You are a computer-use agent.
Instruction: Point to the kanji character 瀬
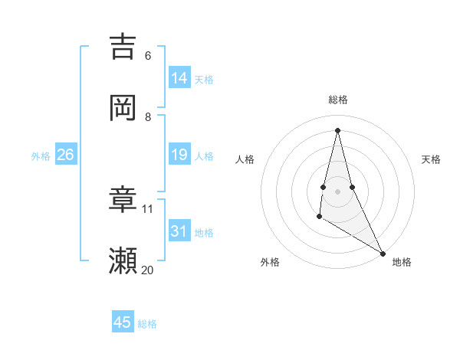(x=123, y=260)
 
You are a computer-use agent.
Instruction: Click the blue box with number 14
(x=179, y=78)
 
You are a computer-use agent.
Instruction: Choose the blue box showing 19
(x=179, y=155)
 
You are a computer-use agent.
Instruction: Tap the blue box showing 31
(x=179, y=231)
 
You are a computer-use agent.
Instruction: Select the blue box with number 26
(x=65, y=155)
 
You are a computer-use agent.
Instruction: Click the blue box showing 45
(x=123, y=322)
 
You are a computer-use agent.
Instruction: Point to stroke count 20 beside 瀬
(x=148, y=270)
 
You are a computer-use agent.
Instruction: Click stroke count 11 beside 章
(x=148, y=208)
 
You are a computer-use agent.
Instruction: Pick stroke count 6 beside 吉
(x=148, y=55)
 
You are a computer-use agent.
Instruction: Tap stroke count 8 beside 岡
(x=148, y=116)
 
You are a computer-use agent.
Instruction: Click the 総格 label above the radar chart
(x=338, y=100)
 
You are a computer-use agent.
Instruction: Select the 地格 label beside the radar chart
(x=402, y=262)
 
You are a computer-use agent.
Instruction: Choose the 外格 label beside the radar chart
(x=270, y=262)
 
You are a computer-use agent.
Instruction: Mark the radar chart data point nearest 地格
(x=383, y=254)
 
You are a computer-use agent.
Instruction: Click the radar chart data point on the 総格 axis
(x=337, y=129)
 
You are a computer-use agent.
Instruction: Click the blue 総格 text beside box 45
(x=147, y=324)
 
